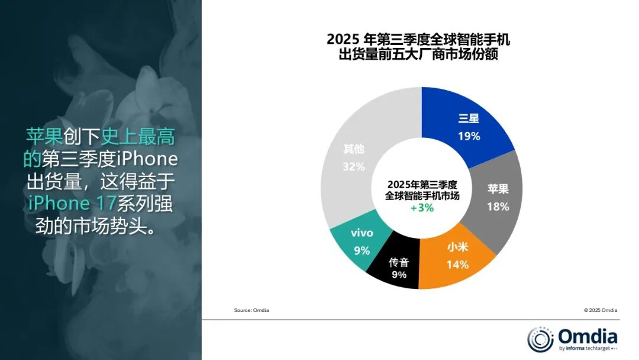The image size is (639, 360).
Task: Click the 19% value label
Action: pos(469,136)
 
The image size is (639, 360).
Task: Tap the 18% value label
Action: pos(498,207)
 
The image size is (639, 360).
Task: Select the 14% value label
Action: pos(457,265)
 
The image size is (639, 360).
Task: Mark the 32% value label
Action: pos(353,166)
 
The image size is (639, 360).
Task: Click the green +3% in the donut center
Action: pos(422,208)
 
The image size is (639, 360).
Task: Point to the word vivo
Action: pos(362,233)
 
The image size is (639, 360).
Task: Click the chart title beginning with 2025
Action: pos(421,48)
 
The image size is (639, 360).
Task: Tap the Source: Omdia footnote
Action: pos(251,310)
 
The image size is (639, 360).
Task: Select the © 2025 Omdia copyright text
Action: pos(600,310)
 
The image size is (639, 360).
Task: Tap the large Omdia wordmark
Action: pos(588,336)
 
